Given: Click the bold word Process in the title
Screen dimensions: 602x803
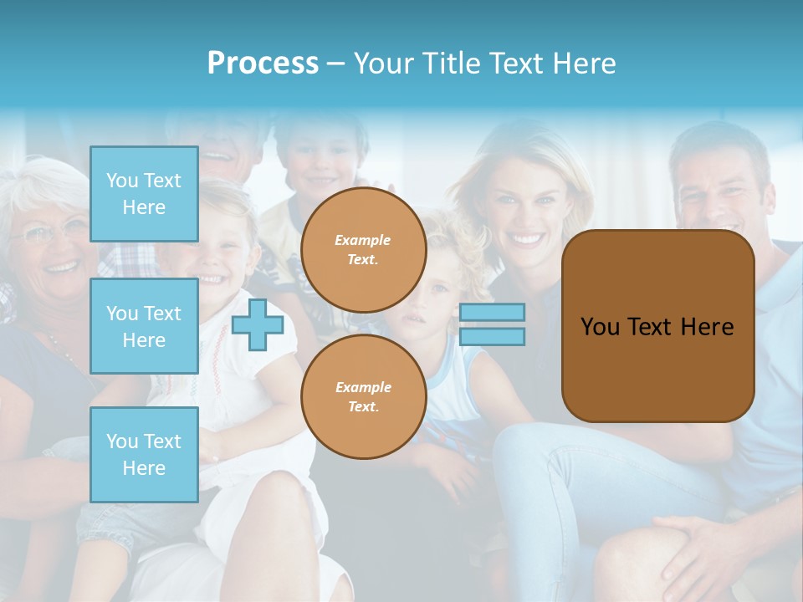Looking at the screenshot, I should click(x=263, y=64).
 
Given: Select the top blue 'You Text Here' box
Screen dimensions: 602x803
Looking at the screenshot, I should click(x=144, y=194).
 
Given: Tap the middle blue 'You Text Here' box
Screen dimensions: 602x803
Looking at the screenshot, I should click(x=144, y=326).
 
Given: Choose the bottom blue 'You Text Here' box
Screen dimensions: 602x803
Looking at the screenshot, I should click(x=144, y=454).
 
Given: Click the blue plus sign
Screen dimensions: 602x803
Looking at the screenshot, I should click(x=258, y=325).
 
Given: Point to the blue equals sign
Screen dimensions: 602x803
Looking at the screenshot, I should click(x=492, y=324).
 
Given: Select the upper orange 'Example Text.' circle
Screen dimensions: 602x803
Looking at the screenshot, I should click(x=363, y=250).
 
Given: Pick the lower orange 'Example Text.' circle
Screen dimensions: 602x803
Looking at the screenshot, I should click(x=363, y=397).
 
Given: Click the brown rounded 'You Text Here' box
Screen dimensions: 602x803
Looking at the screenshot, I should click(x=657, y=326).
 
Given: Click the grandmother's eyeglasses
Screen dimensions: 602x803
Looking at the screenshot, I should click(x=50, y=232).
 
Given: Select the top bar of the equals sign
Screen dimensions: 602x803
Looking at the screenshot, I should click(x=492, y=312).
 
